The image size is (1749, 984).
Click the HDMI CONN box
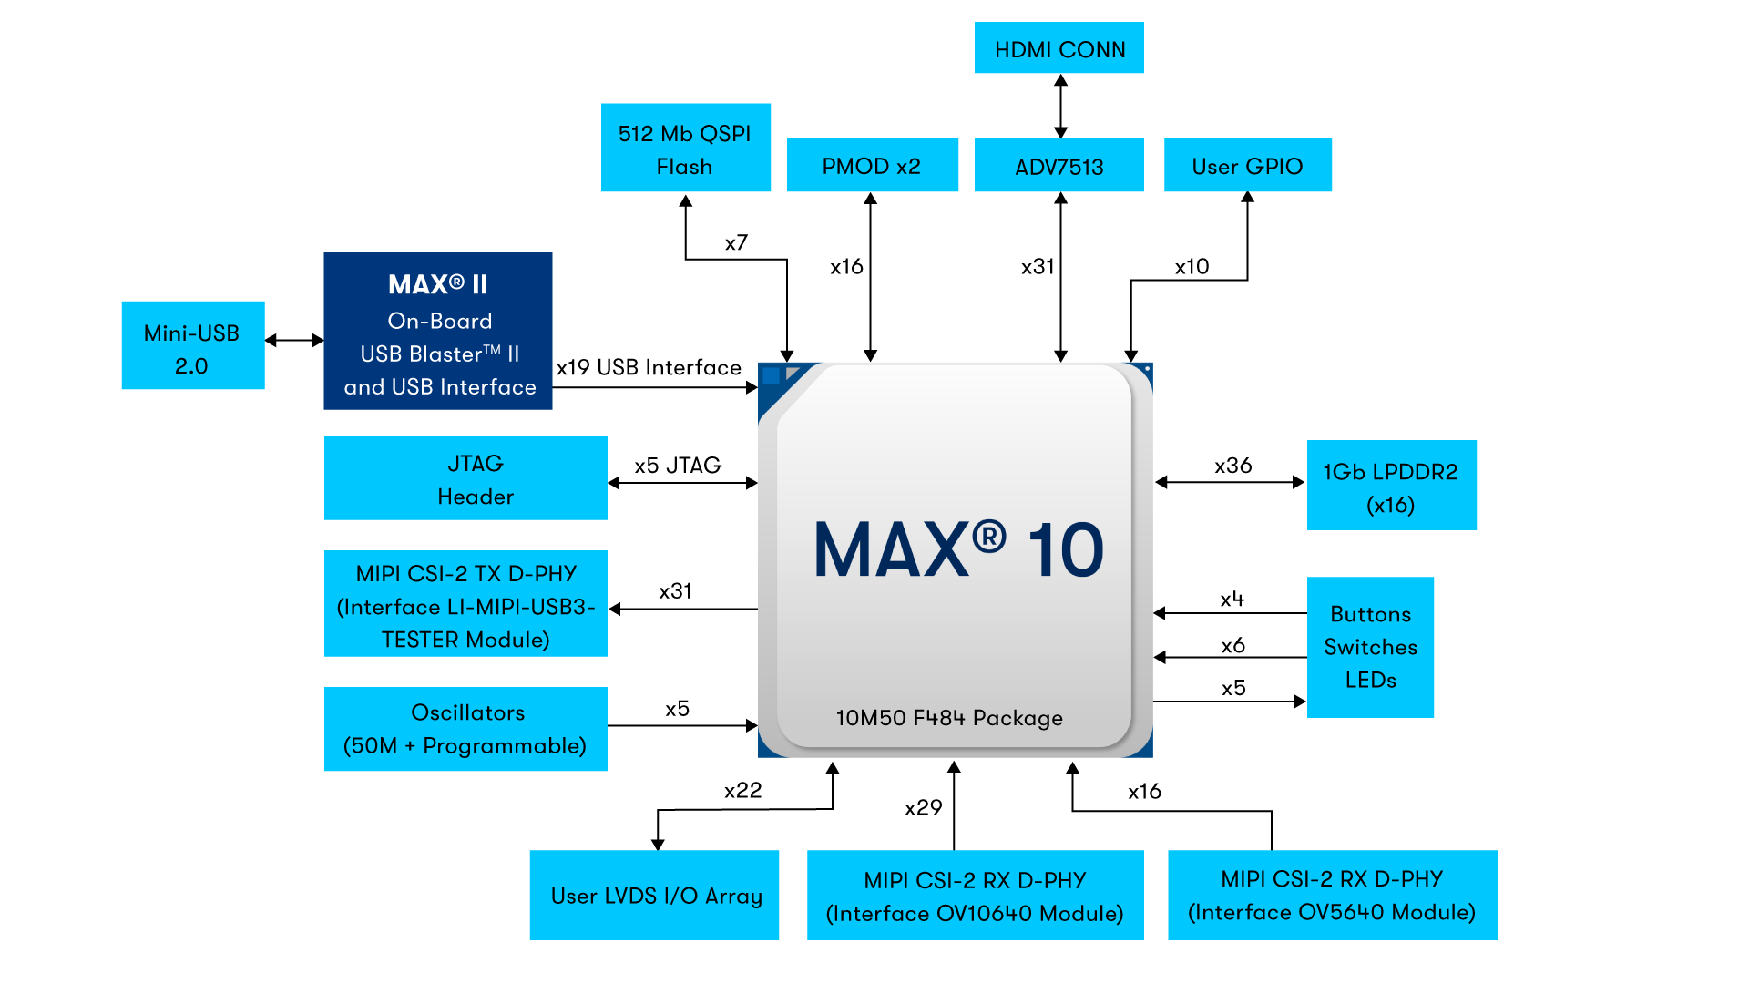click(1059, 48)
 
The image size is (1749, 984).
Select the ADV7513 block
click(1059, 166)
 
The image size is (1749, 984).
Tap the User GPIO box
click(1247, 166)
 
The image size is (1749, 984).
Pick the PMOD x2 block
click(872, 166)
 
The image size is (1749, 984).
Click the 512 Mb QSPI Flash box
click(685, 149)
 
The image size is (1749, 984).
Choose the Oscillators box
click(465, 729)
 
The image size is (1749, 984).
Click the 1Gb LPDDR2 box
click(1391, 486)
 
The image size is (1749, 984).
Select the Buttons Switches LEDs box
click(1370, 647)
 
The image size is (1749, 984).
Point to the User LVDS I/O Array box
click(654, 896)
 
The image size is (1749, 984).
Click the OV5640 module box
click(1332, 896)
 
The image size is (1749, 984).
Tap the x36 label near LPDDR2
click(1232, 466)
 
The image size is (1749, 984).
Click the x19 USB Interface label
click(649, 367)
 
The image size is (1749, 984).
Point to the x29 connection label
click(923, 808)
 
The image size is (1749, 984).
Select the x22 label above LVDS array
click(742, 791)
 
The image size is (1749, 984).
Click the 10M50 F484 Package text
click(949, 718)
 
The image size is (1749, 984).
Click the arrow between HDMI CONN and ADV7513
click(1060, 106)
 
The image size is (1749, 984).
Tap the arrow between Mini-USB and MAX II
click(294, 341)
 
